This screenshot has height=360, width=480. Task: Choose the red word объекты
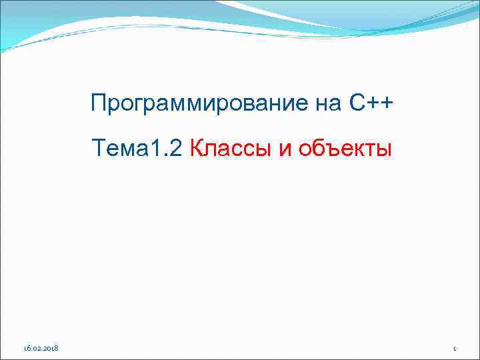[x=345, y=149]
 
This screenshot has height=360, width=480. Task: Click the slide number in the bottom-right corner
[x=453, y=348]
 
